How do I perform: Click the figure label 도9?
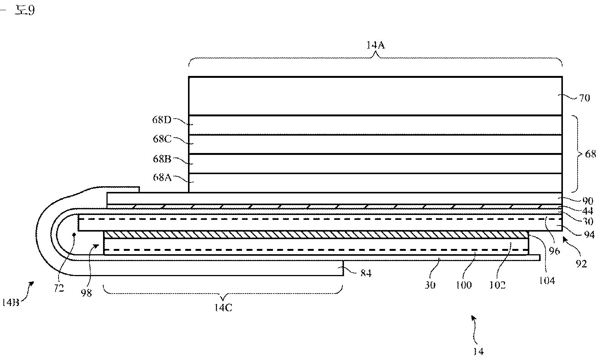point(25,10)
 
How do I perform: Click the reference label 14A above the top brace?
point(375,46)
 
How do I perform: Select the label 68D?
point(162,120)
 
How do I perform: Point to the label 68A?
point(162,177)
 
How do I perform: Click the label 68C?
point(162,139)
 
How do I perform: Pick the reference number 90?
point(587,201)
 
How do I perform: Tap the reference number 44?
point(587,211)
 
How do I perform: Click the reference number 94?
point(589,235)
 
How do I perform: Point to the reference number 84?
point(365,273)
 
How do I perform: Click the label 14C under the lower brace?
point(223,308)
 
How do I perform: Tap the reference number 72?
point(59,288)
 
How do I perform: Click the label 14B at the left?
point(10,302)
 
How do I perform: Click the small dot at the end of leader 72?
point(74,235)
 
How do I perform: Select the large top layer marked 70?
point(375,96)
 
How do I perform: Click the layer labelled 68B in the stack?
point(375,164)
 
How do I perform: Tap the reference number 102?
point(497,285)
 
